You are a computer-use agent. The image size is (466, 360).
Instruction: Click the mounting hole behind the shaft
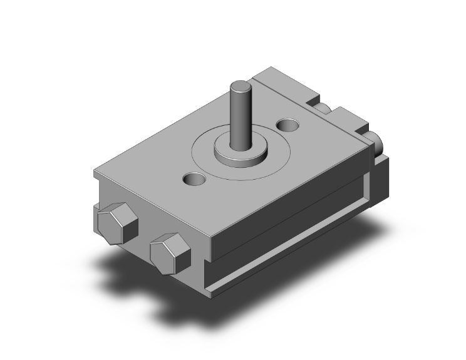coord(288,125)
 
